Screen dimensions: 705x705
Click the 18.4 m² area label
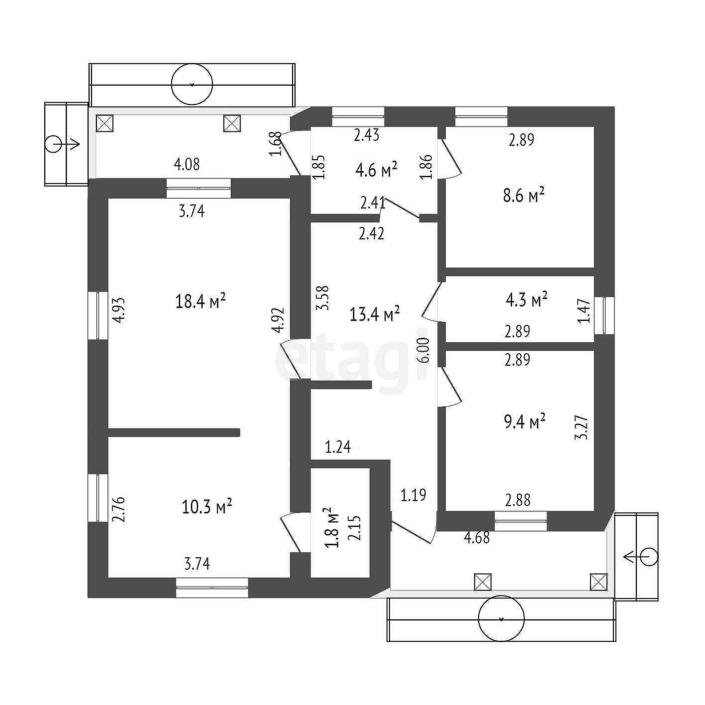[201, 302]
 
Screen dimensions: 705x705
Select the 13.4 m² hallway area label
[374, 314]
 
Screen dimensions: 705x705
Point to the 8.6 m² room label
[524, 196]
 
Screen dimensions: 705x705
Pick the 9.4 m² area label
[525, 422]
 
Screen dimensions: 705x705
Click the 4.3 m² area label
[526, 301]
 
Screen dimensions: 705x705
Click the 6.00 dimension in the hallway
[426, 350]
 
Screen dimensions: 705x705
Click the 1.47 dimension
[584, 311]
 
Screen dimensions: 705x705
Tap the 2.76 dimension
[120, 509]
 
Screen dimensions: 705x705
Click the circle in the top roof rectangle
[192, 85]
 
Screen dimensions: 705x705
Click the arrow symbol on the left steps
[62, 144]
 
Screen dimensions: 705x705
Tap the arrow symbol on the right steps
[641, 557]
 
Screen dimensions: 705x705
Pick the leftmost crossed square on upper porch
[104, 123]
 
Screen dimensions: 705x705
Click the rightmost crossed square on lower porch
[599, 582]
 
